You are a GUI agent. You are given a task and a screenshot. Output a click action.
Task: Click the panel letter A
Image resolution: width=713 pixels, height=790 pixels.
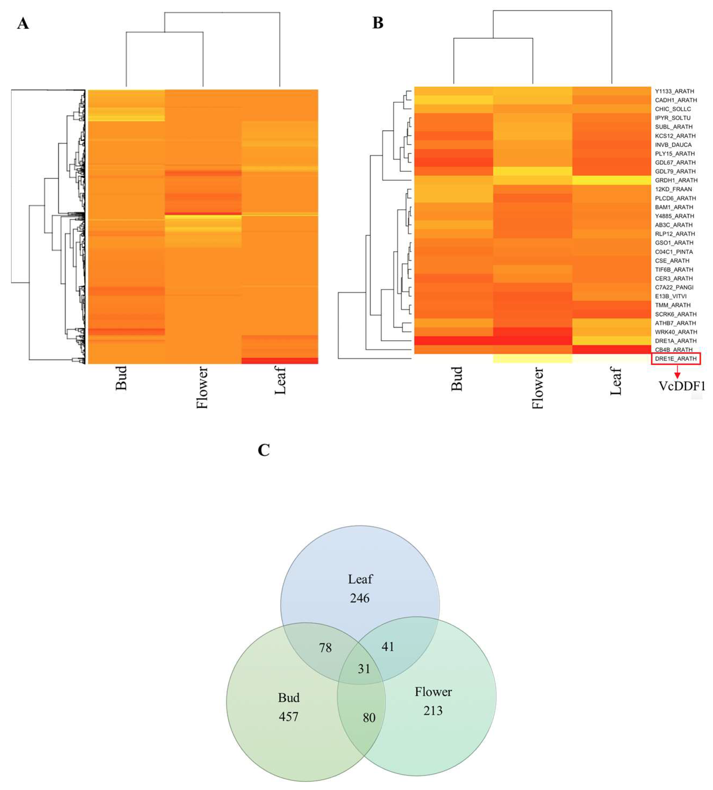(x=23, y=24)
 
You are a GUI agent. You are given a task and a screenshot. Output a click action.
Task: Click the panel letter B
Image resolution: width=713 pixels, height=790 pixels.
(x=378, y=23)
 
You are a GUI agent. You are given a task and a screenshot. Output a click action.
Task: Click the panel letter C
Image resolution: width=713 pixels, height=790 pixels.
(x=264, y=450)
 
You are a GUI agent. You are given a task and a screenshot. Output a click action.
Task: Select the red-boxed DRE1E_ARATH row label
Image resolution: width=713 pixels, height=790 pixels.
(x=676, y=358)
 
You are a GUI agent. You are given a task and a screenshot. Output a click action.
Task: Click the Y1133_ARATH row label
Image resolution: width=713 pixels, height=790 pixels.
(x=674, y=91)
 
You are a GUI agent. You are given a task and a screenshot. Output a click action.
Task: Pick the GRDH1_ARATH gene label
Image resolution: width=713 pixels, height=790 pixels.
(x=676, y=180)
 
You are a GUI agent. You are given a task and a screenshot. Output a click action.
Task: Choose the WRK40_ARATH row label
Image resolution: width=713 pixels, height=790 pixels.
(x=676, y=332)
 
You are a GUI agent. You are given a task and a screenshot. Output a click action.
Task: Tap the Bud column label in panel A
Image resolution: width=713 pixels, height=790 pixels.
(x=121, y=378)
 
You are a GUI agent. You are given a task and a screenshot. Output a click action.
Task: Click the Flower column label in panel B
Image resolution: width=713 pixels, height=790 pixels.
(x=538, y=387)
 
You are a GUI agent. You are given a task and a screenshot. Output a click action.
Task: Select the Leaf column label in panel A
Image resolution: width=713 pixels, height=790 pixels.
(x=280, y=375)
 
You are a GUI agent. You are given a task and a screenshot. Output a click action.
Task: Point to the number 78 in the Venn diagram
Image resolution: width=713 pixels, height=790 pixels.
(x=325, y=648)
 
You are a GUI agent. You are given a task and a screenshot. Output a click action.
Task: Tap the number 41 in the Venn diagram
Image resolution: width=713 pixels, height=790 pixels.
(x=388, y=647)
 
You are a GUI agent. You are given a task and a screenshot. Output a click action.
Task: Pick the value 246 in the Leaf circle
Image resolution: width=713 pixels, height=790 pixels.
(x=360, y=598)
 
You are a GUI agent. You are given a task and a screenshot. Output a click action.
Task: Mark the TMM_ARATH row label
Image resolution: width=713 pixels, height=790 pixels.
(x=673, y=305)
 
